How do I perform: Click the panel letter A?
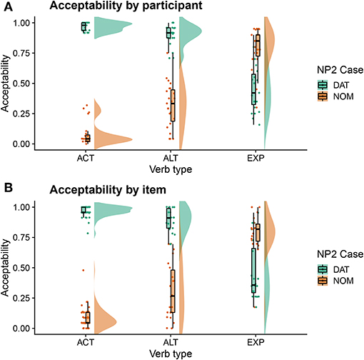(6, 7)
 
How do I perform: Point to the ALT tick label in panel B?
(170, 343)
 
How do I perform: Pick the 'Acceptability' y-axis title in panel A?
(6, 83)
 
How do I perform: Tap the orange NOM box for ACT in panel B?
(87, 317)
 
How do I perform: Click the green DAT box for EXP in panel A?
(253, 89)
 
